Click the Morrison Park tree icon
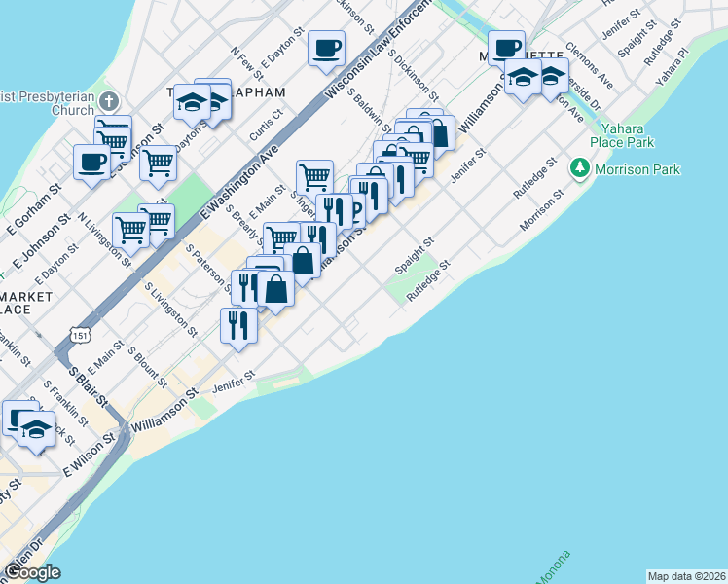pos(581,169)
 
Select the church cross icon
pos(109,100)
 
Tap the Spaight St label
pos(414,256)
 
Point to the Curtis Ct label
pos(265,125)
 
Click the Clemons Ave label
pos(589,64)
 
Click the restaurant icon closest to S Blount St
pos(238,325)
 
